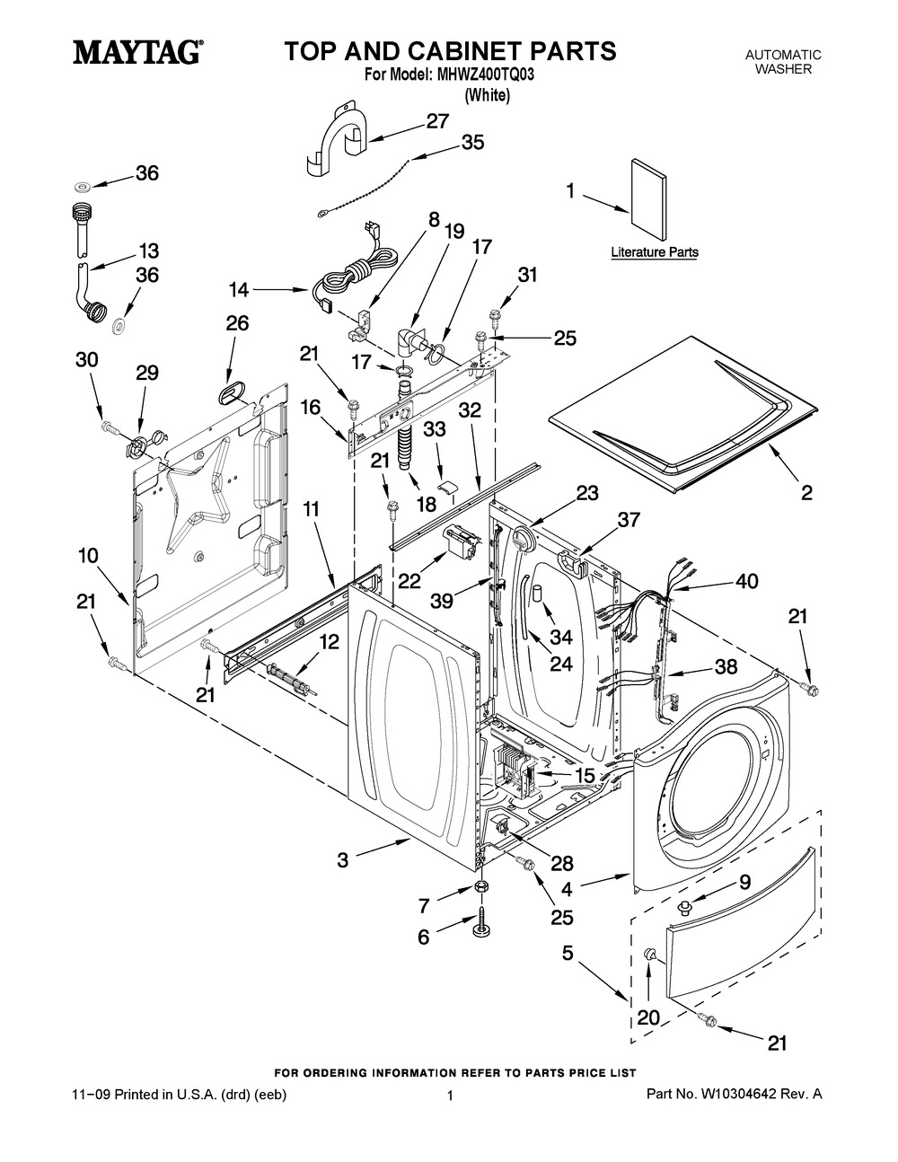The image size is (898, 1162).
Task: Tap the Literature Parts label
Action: [x=655, y=251]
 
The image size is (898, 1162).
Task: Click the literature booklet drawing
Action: [x=648, y=199]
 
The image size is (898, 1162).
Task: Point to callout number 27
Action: [x=437, y=122]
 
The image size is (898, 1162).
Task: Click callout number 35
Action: [x=473, y=142]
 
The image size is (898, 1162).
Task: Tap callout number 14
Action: [x=239, y=290]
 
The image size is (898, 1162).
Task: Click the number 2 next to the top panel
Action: [x=806, y=492]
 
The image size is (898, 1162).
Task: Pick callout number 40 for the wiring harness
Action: [x=747, y=581]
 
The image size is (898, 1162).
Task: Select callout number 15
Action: [x=585, y=775]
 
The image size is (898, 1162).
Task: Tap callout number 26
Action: [x=237, y=323]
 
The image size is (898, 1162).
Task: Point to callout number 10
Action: [x=88, y=556]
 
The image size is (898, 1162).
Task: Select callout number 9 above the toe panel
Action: [x=744, y=882]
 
